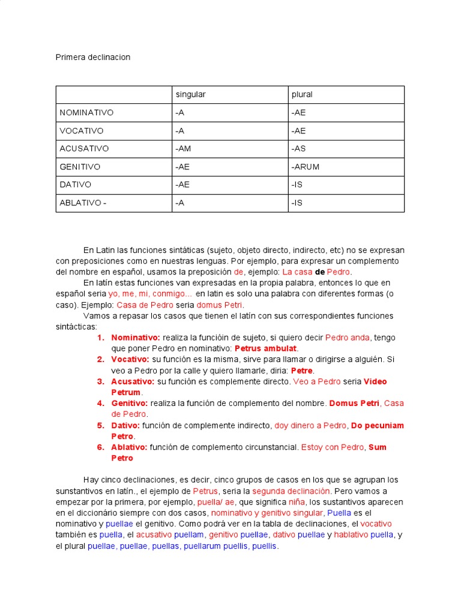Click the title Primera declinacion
[92, 57]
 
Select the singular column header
[190, 95]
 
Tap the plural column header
[302, 95]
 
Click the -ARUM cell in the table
[306, 167]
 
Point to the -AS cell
[299, 149]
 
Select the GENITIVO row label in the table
[80, 167]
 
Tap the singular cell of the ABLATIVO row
[179, 203]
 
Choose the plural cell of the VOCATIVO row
[299, 131]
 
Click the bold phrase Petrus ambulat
[265, 348]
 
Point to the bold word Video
[375, 381]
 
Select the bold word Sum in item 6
[378, 447]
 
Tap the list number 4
[100, 403]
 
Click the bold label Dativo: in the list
[129, 425]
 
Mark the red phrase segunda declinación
[283, 491]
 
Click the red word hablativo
[351, 535]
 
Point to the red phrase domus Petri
[224, 304]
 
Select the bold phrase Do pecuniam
[377, 425]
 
